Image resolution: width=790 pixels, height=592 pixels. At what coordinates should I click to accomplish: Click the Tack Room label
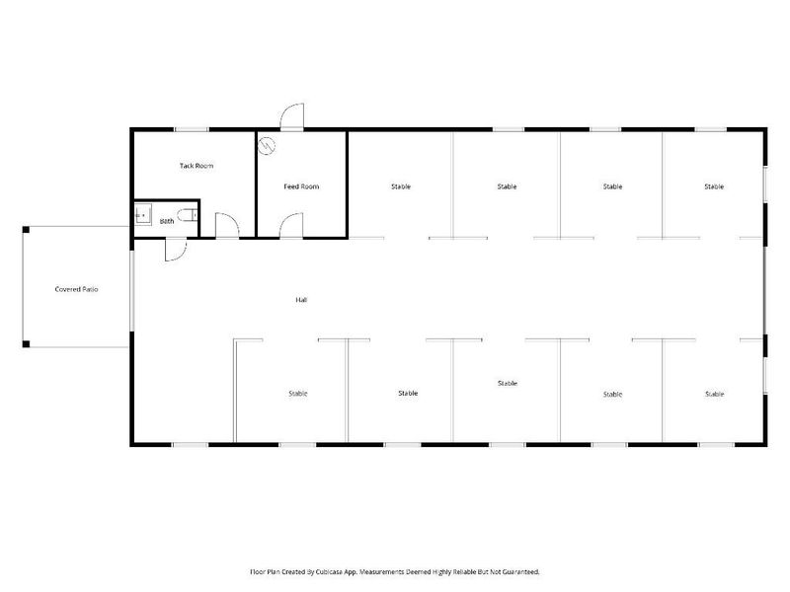point(196,166)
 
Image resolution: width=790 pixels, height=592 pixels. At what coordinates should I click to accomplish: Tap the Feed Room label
point(301,186)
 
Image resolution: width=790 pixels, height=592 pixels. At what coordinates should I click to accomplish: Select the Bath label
point(167,222)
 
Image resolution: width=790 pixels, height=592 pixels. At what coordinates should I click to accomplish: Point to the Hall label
point(301,300)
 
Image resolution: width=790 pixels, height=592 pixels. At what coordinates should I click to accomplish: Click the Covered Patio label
point(77,290)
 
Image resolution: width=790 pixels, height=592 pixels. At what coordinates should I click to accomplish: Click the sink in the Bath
point(142,211)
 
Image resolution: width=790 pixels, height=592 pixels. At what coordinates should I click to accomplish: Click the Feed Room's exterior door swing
point(292,117)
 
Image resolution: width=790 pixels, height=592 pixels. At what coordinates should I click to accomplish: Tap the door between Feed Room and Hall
point(291,226)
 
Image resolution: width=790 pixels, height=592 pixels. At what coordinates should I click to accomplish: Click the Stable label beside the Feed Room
point(400,186)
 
